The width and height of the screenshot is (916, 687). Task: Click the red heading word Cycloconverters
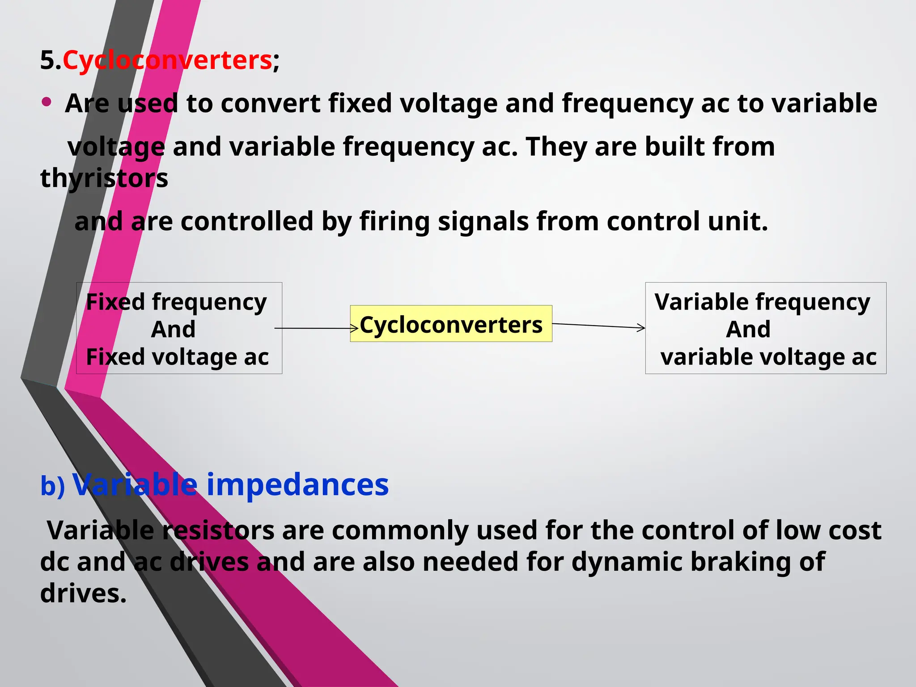[x=167, y=60]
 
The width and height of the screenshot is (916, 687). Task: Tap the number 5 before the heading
[x=47, y=60]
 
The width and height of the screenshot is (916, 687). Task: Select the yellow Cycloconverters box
[x=451, y=324]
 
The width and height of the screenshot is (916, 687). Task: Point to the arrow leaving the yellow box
[x=598, y=326]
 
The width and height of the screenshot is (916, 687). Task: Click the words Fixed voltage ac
[x=178, y=357]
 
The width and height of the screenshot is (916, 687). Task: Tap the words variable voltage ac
[x=768, y=357]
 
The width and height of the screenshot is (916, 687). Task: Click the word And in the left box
[x=174, y=330]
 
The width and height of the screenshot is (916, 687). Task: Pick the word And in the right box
[x=748, y=330]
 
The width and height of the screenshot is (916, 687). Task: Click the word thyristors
[x=104, y=178]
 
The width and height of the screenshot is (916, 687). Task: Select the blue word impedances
[x=297, y=484]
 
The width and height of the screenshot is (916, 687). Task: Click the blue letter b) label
[x=53, y=486]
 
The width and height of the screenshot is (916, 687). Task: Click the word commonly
[x=400, y=530]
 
